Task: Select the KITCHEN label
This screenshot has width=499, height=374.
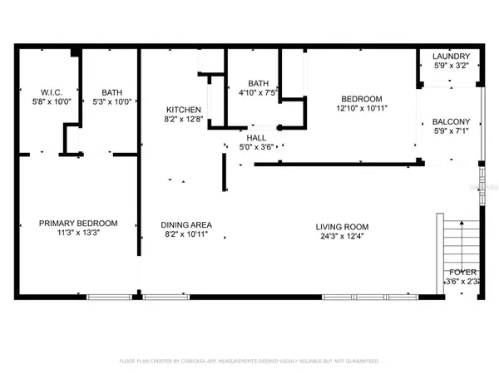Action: [x=183, y=110]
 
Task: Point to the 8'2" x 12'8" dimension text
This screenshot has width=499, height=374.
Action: [x=183, y=120]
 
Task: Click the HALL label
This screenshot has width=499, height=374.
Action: [x=255, y=139]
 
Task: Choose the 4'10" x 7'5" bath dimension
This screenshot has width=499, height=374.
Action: [x=258, y=94]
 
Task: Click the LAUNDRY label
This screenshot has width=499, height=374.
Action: [x=451, y=56]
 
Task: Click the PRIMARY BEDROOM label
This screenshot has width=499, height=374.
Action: [x=79, y=224]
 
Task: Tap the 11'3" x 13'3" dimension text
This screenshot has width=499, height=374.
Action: [x=79, y=234]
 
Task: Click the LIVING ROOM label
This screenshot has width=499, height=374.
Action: [x=342, y=226]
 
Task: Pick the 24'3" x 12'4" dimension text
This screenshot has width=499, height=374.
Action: [x=342, y=236]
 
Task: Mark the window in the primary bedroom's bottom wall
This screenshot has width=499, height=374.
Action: [x=108, y=296]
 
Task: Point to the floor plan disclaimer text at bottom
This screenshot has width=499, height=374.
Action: [x=249, y=362]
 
